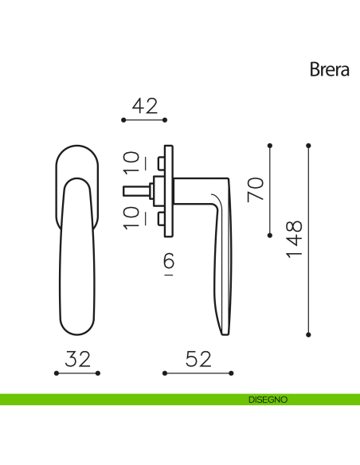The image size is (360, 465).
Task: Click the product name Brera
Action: [330, 69]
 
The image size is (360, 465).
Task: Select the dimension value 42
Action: [144, 106]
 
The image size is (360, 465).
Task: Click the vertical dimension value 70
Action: [255, 190]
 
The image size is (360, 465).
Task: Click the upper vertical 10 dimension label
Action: [131, 162]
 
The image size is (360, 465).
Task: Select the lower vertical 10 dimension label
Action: [131, 216]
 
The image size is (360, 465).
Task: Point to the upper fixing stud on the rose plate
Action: [161, 164]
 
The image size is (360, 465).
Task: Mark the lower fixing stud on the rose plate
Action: [161, 218]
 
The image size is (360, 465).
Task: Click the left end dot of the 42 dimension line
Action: [123, 120]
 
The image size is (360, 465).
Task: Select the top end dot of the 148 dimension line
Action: [308, 145]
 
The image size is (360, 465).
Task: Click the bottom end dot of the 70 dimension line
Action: [270, 236]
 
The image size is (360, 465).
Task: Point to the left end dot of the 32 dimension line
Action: [57, 373]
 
